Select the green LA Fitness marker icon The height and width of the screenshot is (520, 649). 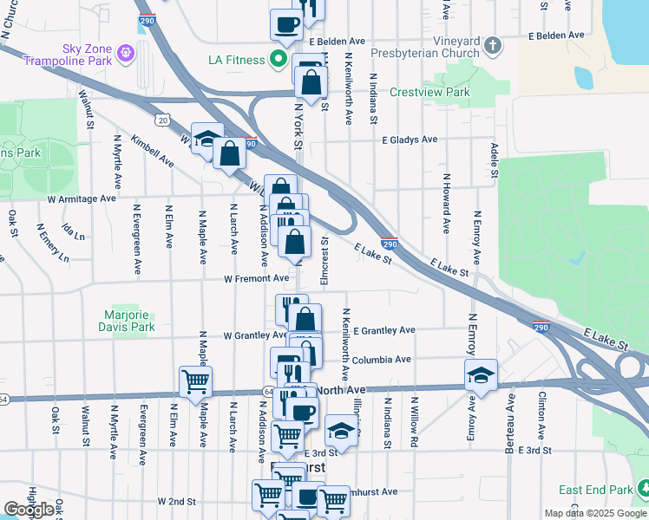[x=278, y=60]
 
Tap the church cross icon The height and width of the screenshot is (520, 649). [x=492, y=45]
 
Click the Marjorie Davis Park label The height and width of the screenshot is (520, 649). [x=128, y=322]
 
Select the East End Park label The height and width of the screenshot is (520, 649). [x=593, y=490]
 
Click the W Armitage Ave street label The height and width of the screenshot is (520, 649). [x=82, y=198]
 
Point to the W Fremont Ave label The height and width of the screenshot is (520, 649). [x=255, y=279]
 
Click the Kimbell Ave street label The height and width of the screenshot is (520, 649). [x=153, y=150]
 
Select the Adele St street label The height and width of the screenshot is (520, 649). [x=494, y=160]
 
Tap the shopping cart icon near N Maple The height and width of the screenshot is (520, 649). [x=195, y=380]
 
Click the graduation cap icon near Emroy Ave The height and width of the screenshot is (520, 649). [x=481, y=374]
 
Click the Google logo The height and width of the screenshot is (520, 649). [x=29, y=510]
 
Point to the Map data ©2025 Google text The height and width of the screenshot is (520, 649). [x=594, y=513]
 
